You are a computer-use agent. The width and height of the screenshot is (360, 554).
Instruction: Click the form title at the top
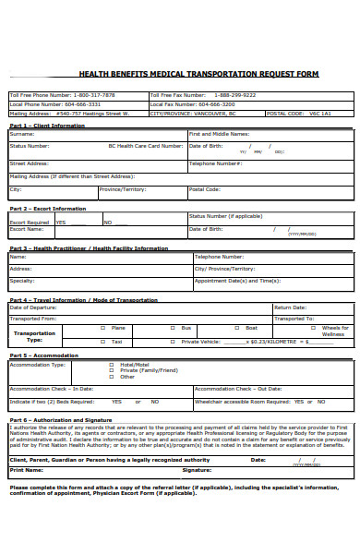click(198, 74)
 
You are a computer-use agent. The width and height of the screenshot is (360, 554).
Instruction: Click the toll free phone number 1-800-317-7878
click(93, 95)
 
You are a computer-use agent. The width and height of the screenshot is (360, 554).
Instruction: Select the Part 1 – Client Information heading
click(47, 126)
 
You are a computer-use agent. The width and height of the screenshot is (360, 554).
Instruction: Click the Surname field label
click(22, 134)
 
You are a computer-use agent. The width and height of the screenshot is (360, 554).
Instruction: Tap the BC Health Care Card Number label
click(146, 146)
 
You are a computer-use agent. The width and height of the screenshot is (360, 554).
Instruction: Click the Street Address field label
click(30, 163)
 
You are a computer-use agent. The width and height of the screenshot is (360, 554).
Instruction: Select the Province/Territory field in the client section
click(123, 189)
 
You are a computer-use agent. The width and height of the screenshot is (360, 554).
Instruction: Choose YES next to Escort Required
click(61, 223)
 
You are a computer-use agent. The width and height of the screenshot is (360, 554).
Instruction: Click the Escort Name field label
click(27, 229)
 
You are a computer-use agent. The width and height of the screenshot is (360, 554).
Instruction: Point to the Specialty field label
click(22, 281)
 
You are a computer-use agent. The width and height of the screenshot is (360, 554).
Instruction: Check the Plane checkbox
click(102, 328)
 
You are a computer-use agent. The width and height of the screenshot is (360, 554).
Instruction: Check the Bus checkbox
click(172, 328)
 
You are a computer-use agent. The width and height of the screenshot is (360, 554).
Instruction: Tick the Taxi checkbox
click(102, 342)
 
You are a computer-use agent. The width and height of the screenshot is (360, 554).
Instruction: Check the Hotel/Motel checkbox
click(112, 364)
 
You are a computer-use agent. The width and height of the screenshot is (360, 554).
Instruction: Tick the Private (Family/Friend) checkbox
click(112, 370)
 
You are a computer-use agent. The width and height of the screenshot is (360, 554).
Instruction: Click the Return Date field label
click(290, 307)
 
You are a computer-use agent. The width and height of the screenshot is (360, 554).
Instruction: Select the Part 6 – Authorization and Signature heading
click(61, 420)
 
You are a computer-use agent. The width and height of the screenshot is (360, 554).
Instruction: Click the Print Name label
click(27, 470)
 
